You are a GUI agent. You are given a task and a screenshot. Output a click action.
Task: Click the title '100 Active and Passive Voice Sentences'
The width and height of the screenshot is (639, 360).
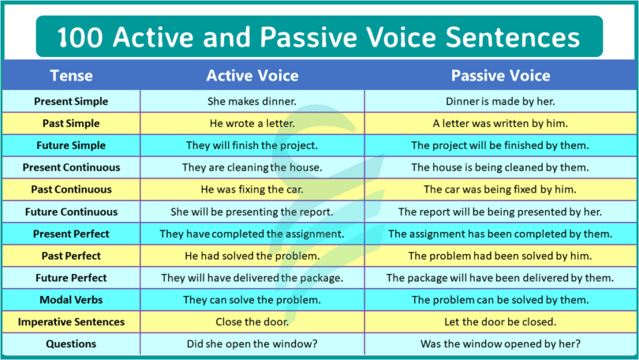point(319,38)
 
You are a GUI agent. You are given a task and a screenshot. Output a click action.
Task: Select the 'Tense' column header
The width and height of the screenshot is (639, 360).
point(71,77)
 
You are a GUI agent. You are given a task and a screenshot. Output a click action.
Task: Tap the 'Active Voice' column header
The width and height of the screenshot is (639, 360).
point(252,77)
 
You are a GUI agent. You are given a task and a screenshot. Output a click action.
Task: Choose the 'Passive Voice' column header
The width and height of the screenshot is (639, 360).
point(500,77)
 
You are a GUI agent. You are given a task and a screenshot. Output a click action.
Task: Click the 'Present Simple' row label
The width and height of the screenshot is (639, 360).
point(71,102)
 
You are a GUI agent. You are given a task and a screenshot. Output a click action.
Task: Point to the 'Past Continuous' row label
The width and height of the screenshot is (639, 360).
point(71,190)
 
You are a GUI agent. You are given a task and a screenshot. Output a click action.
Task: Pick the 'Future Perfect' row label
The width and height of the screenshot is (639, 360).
point(71,279)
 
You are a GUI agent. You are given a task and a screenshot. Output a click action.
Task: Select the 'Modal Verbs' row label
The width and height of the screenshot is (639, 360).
point(71,301)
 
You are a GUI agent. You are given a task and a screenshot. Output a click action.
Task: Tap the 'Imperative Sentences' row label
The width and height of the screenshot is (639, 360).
point(71,323)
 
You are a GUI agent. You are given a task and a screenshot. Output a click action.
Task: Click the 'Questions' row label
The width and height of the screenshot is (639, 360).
point(71,344)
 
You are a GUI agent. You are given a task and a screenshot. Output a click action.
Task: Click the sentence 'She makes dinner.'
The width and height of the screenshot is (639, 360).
point(252,102)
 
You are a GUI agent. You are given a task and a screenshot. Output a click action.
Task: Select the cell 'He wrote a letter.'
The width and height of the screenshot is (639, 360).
point(252,124)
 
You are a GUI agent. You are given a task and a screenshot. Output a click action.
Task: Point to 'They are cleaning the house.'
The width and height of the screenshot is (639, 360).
point(252,168)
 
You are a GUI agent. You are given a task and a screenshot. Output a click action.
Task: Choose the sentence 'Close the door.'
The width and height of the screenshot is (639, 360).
point(252,323)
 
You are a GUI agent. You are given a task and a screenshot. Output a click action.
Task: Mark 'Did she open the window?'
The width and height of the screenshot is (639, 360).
point(252,345)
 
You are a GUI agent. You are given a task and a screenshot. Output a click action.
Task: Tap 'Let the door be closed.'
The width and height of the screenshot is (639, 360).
point(500,323)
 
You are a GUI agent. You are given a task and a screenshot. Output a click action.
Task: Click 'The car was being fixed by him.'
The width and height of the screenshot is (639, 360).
point(500,190)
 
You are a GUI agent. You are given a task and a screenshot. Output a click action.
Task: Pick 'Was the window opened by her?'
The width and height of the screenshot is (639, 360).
point(500,345)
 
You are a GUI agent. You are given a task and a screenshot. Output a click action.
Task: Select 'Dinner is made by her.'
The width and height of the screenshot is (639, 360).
point(500,102)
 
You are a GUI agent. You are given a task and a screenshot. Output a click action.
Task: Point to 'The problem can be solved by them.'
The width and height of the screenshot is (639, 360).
point(500,301)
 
